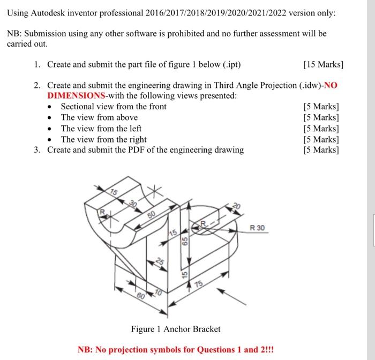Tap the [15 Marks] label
point(323,65)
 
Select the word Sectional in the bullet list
point(79,106)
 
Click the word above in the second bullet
point(125,117)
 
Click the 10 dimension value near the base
point(158,292)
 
